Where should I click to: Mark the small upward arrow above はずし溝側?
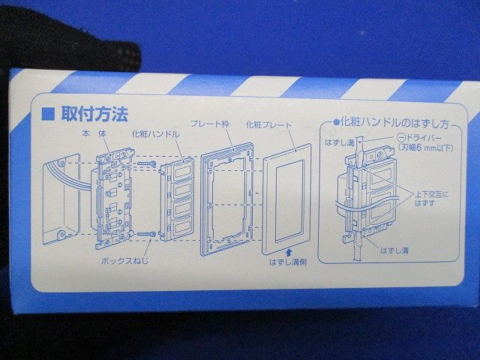point(286,252)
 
